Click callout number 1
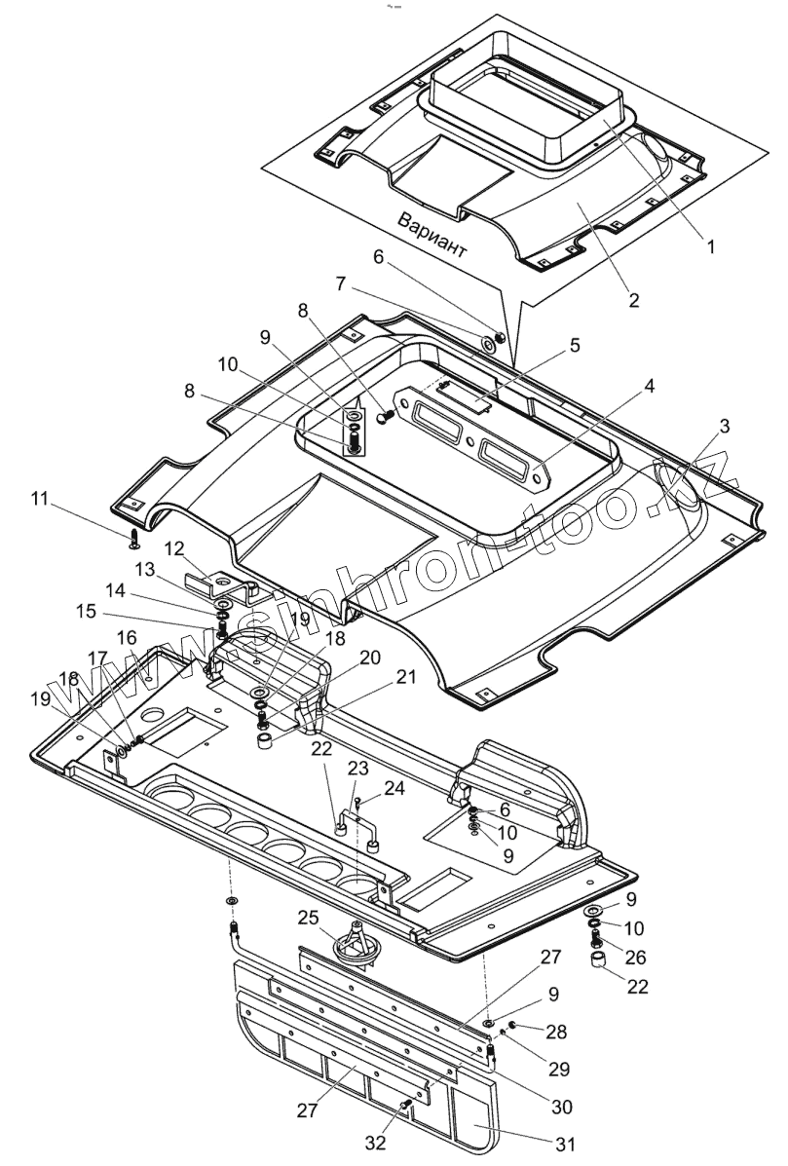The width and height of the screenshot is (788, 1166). [x=711, y=247]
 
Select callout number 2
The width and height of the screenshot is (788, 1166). [x=634, y=300]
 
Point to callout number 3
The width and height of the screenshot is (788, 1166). [x=649, y=386]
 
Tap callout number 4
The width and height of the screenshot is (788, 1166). [x=575, y=345]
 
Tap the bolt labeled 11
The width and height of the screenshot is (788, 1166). [x=134, y=536]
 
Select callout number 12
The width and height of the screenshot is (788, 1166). [x=174, y=549]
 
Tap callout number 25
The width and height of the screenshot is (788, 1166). [x=308, y=917]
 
